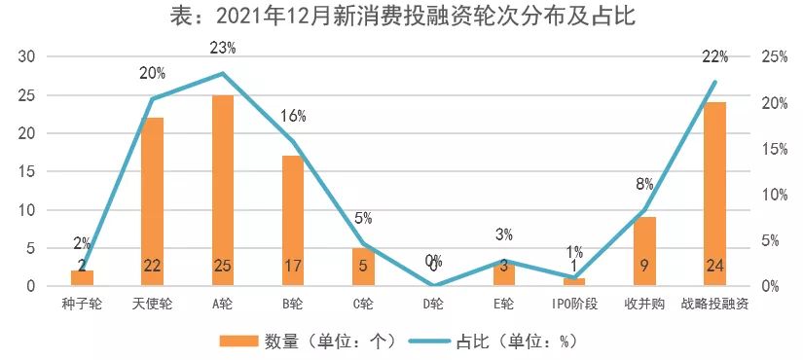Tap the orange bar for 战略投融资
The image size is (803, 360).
point(714,194)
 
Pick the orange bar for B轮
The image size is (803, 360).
point(294,220)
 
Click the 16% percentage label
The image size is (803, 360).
point(294,116)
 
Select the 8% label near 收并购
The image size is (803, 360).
point(644,183)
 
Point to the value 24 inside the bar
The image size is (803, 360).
point(714,266)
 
